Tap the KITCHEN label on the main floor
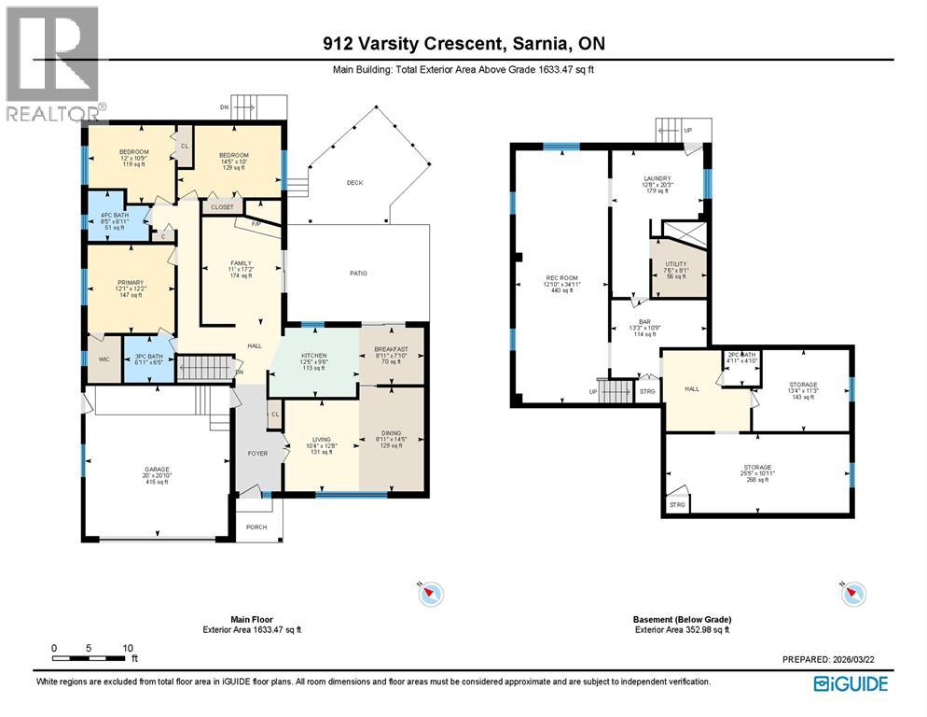click(312, 357)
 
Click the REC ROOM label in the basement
click(560, 277)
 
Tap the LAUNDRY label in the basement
click(657, 178)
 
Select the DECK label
click(354, 183)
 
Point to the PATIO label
click(358, 274)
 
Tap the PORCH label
click(256, 527)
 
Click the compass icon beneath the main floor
click(431, 593)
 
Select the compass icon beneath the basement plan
click(852, 593)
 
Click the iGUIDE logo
click(851, 684)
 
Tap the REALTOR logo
click(52, 62)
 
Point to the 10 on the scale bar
click(128, 647)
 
